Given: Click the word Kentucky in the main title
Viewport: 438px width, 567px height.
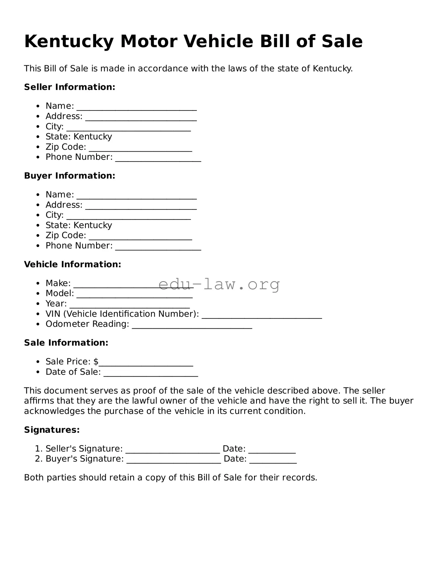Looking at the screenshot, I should [x=69, y=42].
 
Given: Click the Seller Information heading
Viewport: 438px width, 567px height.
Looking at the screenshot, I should [x=70, y=87].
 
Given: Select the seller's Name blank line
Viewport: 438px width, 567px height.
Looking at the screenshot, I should [x=137, y=108].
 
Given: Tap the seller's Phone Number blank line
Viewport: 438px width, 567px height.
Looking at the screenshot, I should [x=158, y=160].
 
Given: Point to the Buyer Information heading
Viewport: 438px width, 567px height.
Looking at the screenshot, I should [x=70, y=176].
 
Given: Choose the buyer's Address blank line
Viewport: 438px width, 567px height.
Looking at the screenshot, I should [x=141, y=207].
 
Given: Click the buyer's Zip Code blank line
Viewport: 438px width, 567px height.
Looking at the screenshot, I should [x=141, y=238].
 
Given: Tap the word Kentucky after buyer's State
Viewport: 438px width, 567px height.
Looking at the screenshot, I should [x=93, y=225].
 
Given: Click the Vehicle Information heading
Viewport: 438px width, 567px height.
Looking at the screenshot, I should [x=73, y=264].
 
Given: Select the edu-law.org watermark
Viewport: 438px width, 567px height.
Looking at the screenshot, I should [x=219, y=284].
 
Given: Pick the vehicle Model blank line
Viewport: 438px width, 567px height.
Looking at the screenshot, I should [x=135, y=296].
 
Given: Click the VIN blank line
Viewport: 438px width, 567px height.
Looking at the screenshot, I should [x=262, y=317].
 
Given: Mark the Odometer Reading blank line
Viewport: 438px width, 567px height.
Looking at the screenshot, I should [x=192, y=327].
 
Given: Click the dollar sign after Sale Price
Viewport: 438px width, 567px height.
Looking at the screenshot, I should [x=96, y=362].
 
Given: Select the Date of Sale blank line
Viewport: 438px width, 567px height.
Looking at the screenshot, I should [x=151, y=375].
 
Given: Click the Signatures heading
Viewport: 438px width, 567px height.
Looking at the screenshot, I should [x=52, y=430].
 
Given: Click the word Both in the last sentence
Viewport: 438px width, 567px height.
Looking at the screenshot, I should [x=34, y=478].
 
